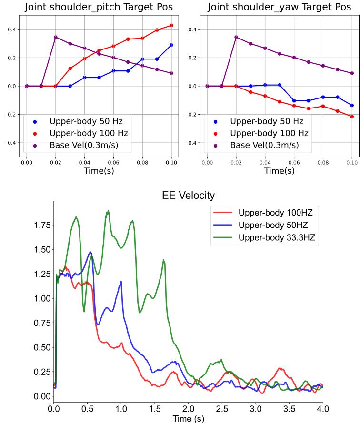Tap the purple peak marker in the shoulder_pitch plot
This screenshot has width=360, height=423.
coord(56,37)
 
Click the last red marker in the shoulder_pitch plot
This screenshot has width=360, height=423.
coord(171,25)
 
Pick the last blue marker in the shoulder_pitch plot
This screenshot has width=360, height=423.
coord(171,45)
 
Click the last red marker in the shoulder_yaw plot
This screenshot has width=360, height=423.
coord(352,117)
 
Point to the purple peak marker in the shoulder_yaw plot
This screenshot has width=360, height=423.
coord(236,37)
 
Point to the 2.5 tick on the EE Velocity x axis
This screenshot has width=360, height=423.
coord(222,408)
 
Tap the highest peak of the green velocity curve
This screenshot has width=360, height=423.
coord(109,210)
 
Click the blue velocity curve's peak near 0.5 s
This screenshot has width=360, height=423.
coord(90,252)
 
